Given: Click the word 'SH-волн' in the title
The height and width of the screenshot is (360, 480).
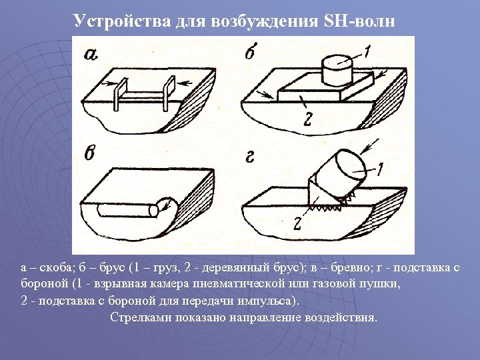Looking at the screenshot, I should [x=359, y=21].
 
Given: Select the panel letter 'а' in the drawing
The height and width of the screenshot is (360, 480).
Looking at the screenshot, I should [x=92, y=55].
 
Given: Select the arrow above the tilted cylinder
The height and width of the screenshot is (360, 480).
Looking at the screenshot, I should [x=372, y=145].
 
